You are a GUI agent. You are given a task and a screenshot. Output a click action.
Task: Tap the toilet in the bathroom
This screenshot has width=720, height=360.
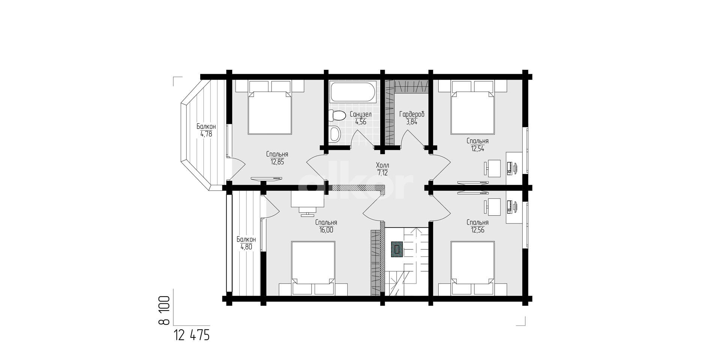pos(336,115)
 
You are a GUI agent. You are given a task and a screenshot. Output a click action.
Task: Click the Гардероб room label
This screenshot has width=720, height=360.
pos(412,114)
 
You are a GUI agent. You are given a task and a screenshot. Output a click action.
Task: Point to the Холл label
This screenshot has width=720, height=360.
pos(382,165)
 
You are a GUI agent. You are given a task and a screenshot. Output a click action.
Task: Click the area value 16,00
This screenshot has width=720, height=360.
pos(326,230)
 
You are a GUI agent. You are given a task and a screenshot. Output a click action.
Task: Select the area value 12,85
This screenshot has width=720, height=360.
pos(277,162)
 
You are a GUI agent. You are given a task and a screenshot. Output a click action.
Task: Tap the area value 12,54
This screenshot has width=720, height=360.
pos(477,148)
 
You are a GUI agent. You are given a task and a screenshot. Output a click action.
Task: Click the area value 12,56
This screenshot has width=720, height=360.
pos(477,230)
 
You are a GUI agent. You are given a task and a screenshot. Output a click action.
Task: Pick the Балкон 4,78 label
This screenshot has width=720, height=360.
pos(206,130)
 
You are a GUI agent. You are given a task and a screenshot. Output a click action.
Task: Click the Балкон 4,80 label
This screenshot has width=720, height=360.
pos(246,243)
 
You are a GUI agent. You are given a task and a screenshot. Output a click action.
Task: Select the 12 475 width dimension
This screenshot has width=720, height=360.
pos(192,335)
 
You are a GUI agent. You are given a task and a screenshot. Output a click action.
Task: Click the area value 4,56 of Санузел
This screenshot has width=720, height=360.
pos(361,121)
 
